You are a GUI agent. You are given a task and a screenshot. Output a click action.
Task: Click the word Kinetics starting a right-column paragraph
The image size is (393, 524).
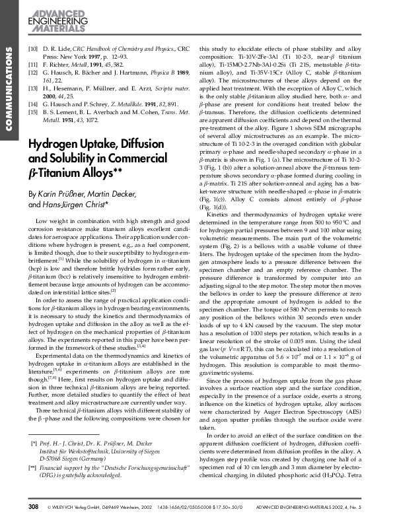pos(222,234)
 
